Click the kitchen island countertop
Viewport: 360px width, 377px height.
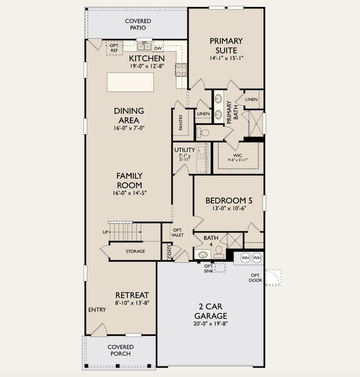130,82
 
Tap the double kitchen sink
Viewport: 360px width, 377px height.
144,46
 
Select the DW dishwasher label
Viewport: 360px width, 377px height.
158,48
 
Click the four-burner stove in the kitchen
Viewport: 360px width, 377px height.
181,70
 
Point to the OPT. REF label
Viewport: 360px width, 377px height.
114,48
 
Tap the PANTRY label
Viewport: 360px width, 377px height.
181,122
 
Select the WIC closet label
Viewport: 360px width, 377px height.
237,155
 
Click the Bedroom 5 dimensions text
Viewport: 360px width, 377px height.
229,208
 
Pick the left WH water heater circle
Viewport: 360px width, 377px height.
245,258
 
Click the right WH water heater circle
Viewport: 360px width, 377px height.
257,258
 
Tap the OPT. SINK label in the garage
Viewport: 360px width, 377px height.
209,268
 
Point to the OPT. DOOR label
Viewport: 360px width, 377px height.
255,278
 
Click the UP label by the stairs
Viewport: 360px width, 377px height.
106,232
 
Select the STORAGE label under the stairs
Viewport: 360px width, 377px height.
136,252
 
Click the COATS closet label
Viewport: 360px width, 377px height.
170,252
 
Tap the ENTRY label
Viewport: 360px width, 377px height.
97,309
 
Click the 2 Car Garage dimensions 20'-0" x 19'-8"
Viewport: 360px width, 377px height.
210,324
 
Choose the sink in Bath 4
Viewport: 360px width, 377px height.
203,254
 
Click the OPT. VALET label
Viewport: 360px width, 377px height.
178,232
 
